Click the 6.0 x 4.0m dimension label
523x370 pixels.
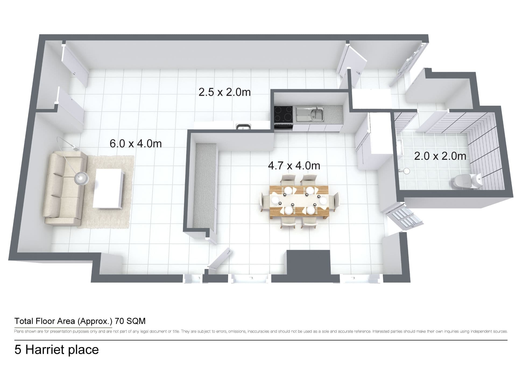tap(136, 143)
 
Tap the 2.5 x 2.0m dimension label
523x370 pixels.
tap(225, 92)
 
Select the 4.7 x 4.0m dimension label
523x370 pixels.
tap(294, 165)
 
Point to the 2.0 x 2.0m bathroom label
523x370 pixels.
tap(440, 156)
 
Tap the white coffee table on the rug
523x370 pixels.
tap(108, 188)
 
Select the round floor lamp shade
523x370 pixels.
tap(82, 178)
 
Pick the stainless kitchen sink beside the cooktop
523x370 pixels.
tap(310, 114)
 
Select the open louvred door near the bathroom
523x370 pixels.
tap(404, 216)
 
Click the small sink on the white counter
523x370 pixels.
tap(243, 126)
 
